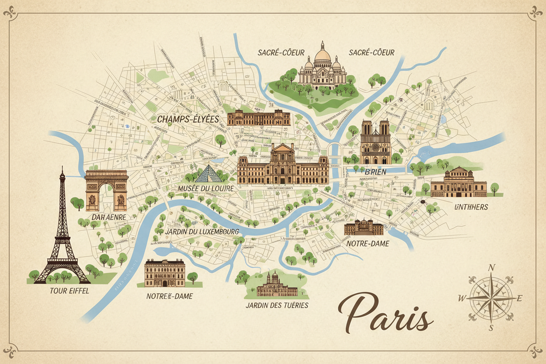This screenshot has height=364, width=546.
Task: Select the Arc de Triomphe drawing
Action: point(106,190)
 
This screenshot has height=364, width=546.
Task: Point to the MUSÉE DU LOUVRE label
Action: point(206,188)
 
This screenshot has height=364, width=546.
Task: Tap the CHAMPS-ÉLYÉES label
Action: point(188,119)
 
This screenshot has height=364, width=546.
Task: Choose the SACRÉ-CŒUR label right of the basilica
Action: point(372,52)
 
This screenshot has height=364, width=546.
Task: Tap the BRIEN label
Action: point(375,172)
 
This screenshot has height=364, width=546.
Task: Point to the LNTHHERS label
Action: point(471,207)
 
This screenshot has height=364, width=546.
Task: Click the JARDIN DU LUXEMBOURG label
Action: point(203,231)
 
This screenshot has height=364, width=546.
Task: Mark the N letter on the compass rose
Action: point(491,268)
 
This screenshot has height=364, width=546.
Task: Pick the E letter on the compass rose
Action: point(520,299)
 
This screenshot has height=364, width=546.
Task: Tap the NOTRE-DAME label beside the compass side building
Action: point(367,244)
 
